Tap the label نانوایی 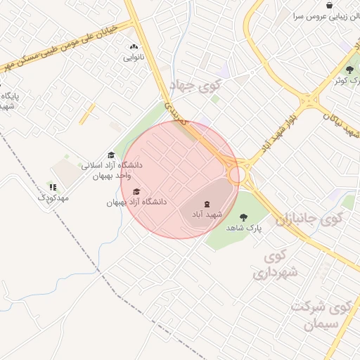(134, 57)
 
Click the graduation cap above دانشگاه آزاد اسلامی (111, 155)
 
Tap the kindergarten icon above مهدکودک (53, 187)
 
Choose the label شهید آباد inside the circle (207, 214)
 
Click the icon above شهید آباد (207, 203)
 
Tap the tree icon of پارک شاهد (244, 217)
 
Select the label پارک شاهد (244, 229)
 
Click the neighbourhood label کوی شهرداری (276, 264)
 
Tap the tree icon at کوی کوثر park (350, 70)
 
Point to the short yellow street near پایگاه (87, 114)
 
